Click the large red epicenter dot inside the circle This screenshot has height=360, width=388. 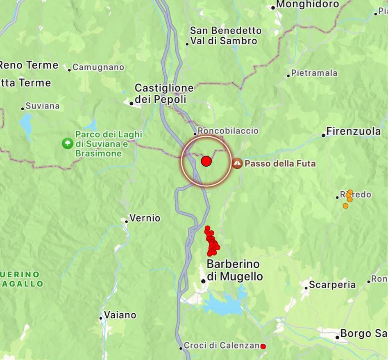point(206,161)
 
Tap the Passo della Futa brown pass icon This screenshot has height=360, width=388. point(237,163)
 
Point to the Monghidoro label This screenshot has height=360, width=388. point(308,5)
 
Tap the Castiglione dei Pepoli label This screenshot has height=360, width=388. point(164,93)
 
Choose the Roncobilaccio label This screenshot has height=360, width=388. point(228,131)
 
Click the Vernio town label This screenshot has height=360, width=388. point(145,218)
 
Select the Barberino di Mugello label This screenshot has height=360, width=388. point(234,270)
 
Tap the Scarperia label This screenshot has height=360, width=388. point(332,285)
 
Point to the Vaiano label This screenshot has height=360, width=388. point(120,315)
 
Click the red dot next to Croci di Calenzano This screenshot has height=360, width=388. point(263,346)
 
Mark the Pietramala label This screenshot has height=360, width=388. point(314,73)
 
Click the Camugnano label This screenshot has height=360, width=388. point(98,67)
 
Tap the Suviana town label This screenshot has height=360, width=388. point(42,106)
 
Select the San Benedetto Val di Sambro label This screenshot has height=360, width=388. point(225,36)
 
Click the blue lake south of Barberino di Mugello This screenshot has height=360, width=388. point(222,306)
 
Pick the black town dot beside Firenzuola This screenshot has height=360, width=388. point(324,135)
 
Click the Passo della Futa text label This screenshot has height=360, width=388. point(280,164)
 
